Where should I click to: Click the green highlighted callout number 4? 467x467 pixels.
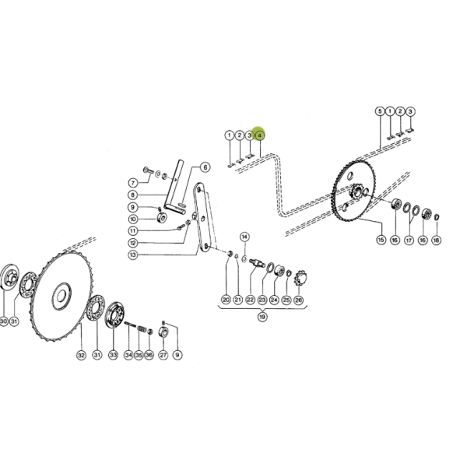pyautogui.click(x=260, y=135)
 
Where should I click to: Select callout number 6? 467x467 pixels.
pyautogui.click(x=205, y=167)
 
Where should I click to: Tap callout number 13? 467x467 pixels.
pyautogui.click(x=133, y=255)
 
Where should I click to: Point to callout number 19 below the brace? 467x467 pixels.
pyautogui.click(x=262, y=317)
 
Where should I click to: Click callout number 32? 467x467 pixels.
pyautogui.click(x=81, y=355)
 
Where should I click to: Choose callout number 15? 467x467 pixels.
pyautogui.click(x=381, y=240)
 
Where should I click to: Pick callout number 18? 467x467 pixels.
pyautogui.click(x=437, y=240)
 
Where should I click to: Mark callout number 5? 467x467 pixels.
pyautogui.click(x=380, y=111)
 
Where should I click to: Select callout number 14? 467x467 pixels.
pyautogui.click(x=244, y=237)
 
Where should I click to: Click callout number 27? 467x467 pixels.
pyautogui.click(x=163, y=355)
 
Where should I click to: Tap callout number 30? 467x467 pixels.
pyautogui.click(x=3, y=321)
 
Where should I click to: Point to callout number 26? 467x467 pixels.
pyautogui.click(x=298, y=300)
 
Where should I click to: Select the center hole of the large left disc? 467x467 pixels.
pyautogui.click(x=61, y=296)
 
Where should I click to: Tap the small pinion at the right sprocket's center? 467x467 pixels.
pyautogui.click(x=356, y=191)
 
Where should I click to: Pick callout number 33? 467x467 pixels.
pyautogui.click(x=113, y=355)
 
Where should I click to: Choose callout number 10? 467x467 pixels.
pyautogui.click(x=133, y=219)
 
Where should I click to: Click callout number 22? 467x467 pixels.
pyautogui.click(x=250, y=300)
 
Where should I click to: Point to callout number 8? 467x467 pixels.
pyautogui.click(x=133, y=195)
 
